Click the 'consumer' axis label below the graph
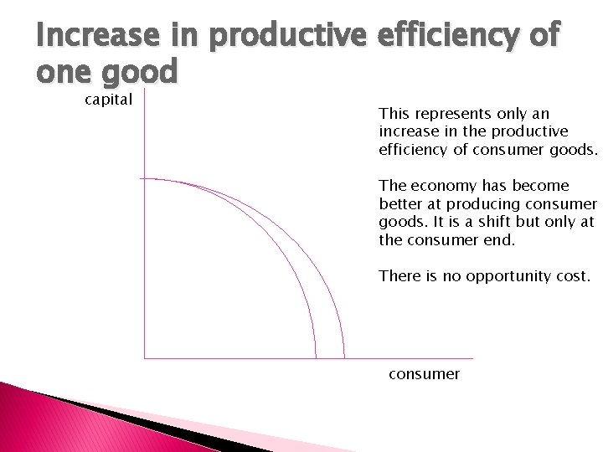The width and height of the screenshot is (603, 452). pyautogui.click(x=424, y=374)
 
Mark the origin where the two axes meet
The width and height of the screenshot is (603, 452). pyautogui.click(x=145, y=358)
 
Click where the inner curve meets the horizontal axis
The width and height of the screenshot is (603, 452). pyautogui.click(x=315, y=358)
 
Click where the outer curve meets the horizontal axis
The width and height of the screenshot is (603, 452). pyautogui.click(x=344, y=358)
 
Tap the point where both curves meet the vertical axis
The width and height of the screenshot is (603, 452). pyautogui.click(x=145, y=178)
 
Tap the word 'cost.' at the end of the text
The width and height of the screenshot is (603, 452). pyautogui.click(x=572, y=275)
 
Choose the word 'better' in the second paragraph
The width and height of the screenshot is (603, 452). pyautogui.click(x=399, y=203)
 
